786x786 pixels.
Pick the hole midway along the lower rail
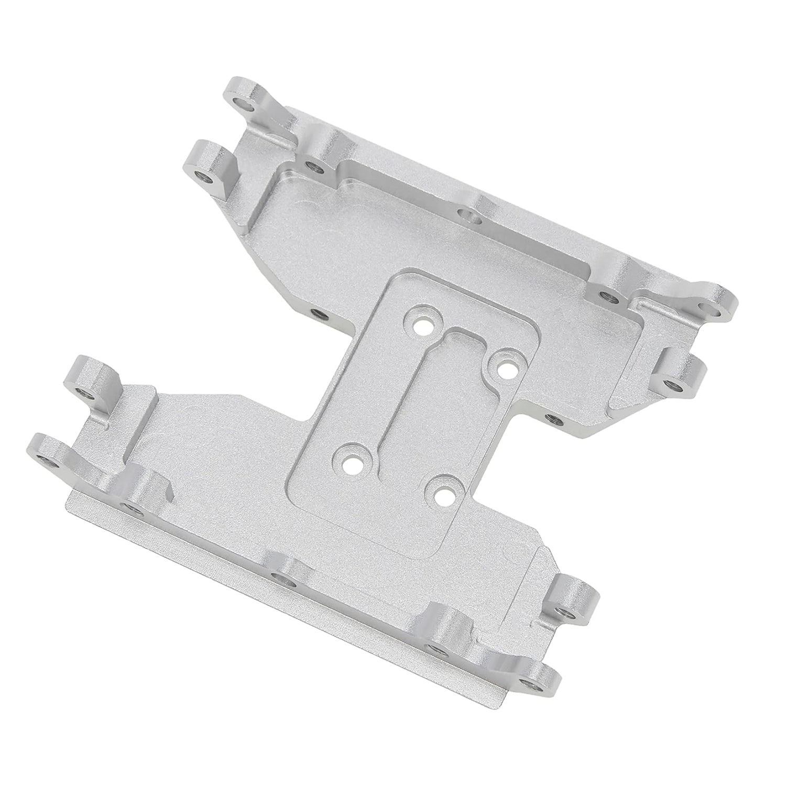point(279,580)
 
